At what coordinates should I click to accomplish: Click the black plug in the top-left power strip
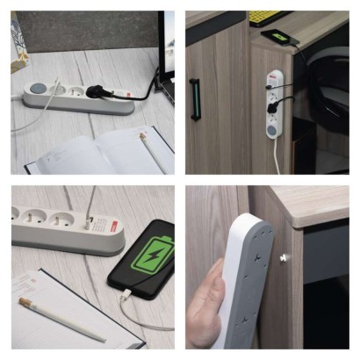(x=113, y=90)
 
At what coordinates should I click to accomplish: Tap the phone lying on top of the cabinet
(x=279, y=37)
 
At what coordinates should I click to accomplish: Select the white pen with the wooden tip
(x=61, y=320)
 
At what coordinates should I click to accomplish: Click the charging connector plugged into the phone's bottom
(x=122, y=299)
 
